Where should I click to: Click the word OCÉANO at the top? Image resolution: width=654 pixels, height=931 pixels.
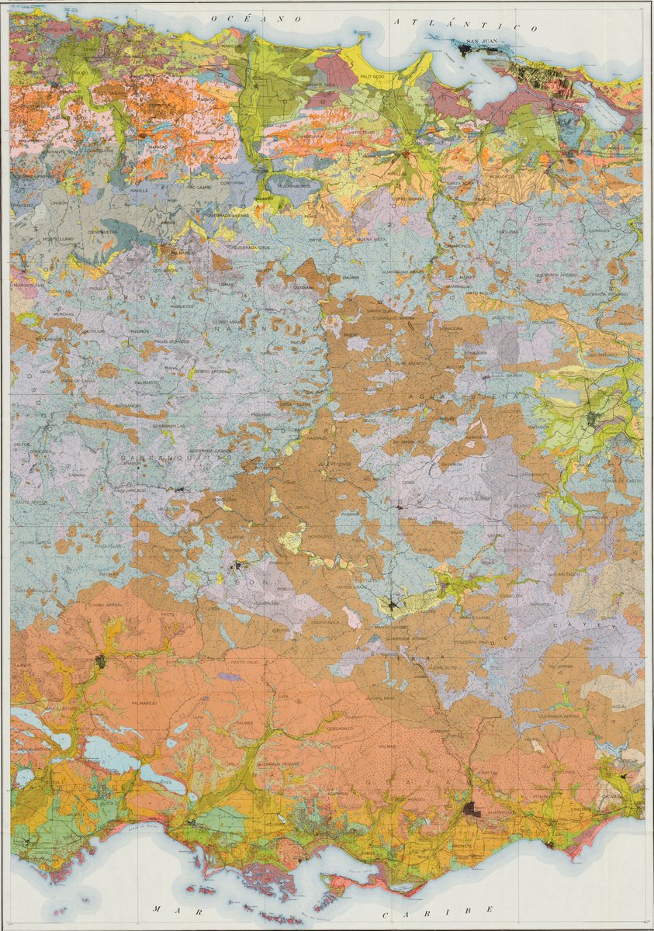(x=251, y=17)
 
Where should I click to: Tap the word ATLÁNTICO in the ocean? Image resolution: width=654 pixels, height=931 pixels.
(x=465, y=24)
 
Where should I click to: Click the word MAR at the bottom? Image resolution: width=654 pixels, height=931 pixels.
(x=168, y=909)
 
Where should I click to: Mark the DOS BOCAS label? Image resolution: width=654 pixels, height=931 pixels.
(x=164, y=270)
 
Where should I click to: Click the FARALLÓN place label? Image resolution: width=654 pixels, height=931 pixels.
(x=510, y=597)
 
